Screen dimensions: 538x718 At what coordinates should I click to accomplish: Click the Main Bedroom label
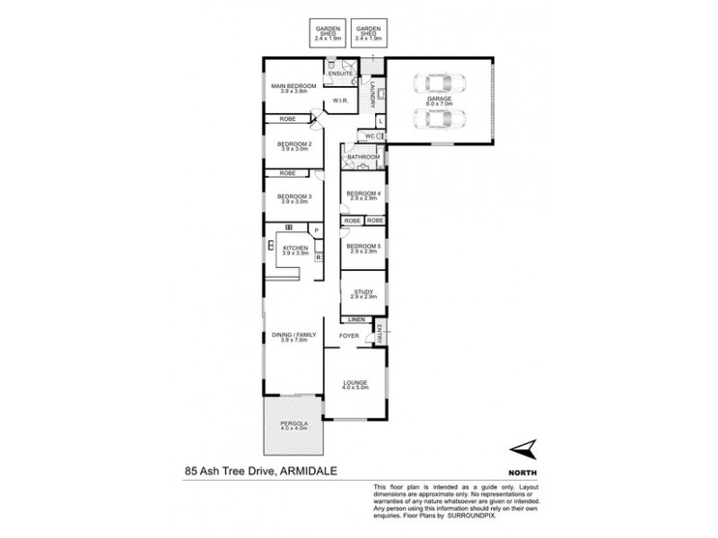[293, 86]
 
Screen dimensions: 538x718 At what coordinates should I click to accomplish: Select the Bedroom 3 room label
[293, 196]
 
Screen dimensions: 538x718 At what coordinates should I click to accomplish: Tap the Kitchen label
[295, 247]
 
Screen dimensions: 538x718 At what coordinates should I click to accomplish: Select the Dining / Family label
[293, 336]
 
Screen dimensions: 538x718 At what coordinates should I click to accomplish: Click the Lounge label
[355, 383]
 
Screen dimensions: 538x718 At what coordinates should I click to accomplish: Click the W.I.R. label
[339, 101]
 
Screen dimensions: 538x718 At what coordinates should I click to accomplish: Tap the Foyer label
[349, 335]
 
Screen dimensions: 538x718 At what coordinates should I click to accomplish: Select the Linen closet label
[355, 318]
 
